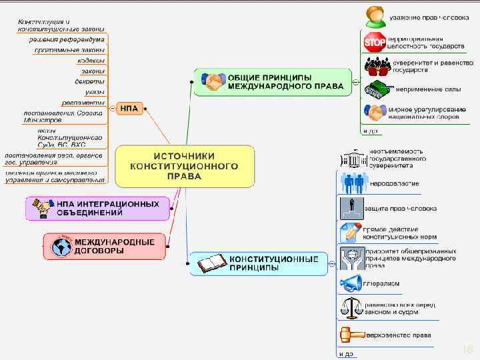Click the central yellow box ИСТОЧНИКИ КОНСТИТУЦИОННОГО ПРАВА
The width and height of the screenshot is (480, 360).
pos(185,165)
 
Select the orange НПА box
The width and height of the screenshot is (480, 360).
pos(129,108)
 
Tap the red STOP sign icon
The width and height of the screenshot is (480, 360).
pos(375,42)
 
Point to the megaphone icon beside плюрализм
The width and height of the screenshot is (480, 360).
pos(351,283)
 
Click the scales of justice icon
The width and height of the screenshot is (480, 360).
pos(351,307)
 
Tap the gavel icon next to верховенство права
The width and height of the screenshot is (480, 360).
pos(351,334)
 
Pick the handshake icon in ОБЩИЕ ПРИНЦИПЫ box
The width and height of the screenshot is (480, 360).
pos(215,82)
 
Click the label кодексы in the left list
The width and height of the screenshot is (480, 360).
pos(91,60)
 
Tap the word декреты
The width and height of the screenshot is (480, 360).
pos(89,81)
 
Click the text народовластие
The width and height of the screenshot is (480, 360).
pos(395,183)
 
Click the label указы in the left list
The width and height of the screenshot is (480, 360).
pos(94,92)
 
